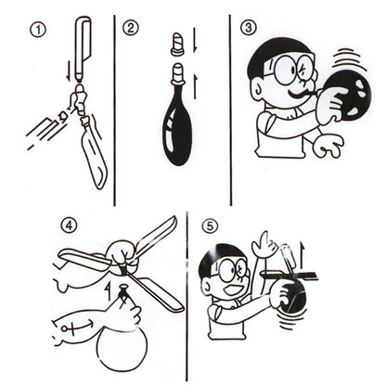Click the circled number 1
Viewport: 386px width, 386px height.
(x=38, y=31)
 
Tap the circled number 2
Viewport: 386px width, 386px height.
(x=131, y=28)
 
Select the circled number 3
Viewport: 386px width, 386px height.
(x=248, y=28)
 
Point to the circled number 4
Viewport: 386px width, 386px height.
(x=69, y=225)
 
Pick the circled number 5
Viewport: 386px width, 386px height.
(x=210, y=226)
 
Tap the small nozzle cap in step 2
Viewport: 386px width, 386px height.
(x=177, y=45)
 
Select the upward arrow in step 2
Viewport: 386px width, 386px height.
(x=195, y=87)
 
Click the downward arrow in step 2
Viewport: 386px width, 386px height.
(x=195, y=40)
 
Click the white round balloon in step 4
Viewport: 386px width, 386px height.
(x=122, y=349)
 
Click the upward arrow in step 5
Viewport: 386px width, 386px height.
(x=302, y=254)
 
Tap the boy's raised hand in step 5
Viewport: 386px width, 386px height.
(x=264, y=244)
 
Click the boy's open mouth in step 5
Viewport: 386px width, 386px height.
(x=232, y=290)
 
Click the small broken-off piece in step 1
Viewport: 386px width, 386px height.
(x=63, y=117)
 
